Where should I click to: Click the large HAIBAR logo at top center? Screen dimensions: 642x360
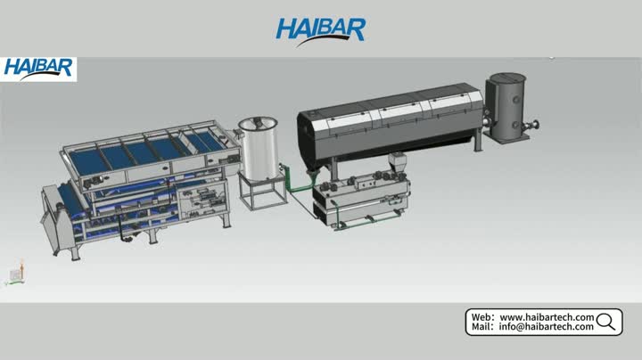(321, 32)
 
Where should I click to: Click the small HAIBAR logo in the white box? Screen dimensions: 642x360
(38, 69)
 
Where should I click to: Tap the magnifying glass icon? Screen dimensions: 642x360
(606, 322)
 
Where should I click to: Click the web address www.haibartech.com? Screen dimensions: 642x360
(547, 317)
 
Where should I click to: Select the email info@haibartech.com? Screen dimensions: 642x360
(546, 326)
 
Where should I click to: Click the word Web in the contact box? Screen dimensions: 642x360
(480, 317)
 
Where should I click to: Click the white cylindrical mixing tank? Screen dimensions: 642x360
(259, 150)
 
